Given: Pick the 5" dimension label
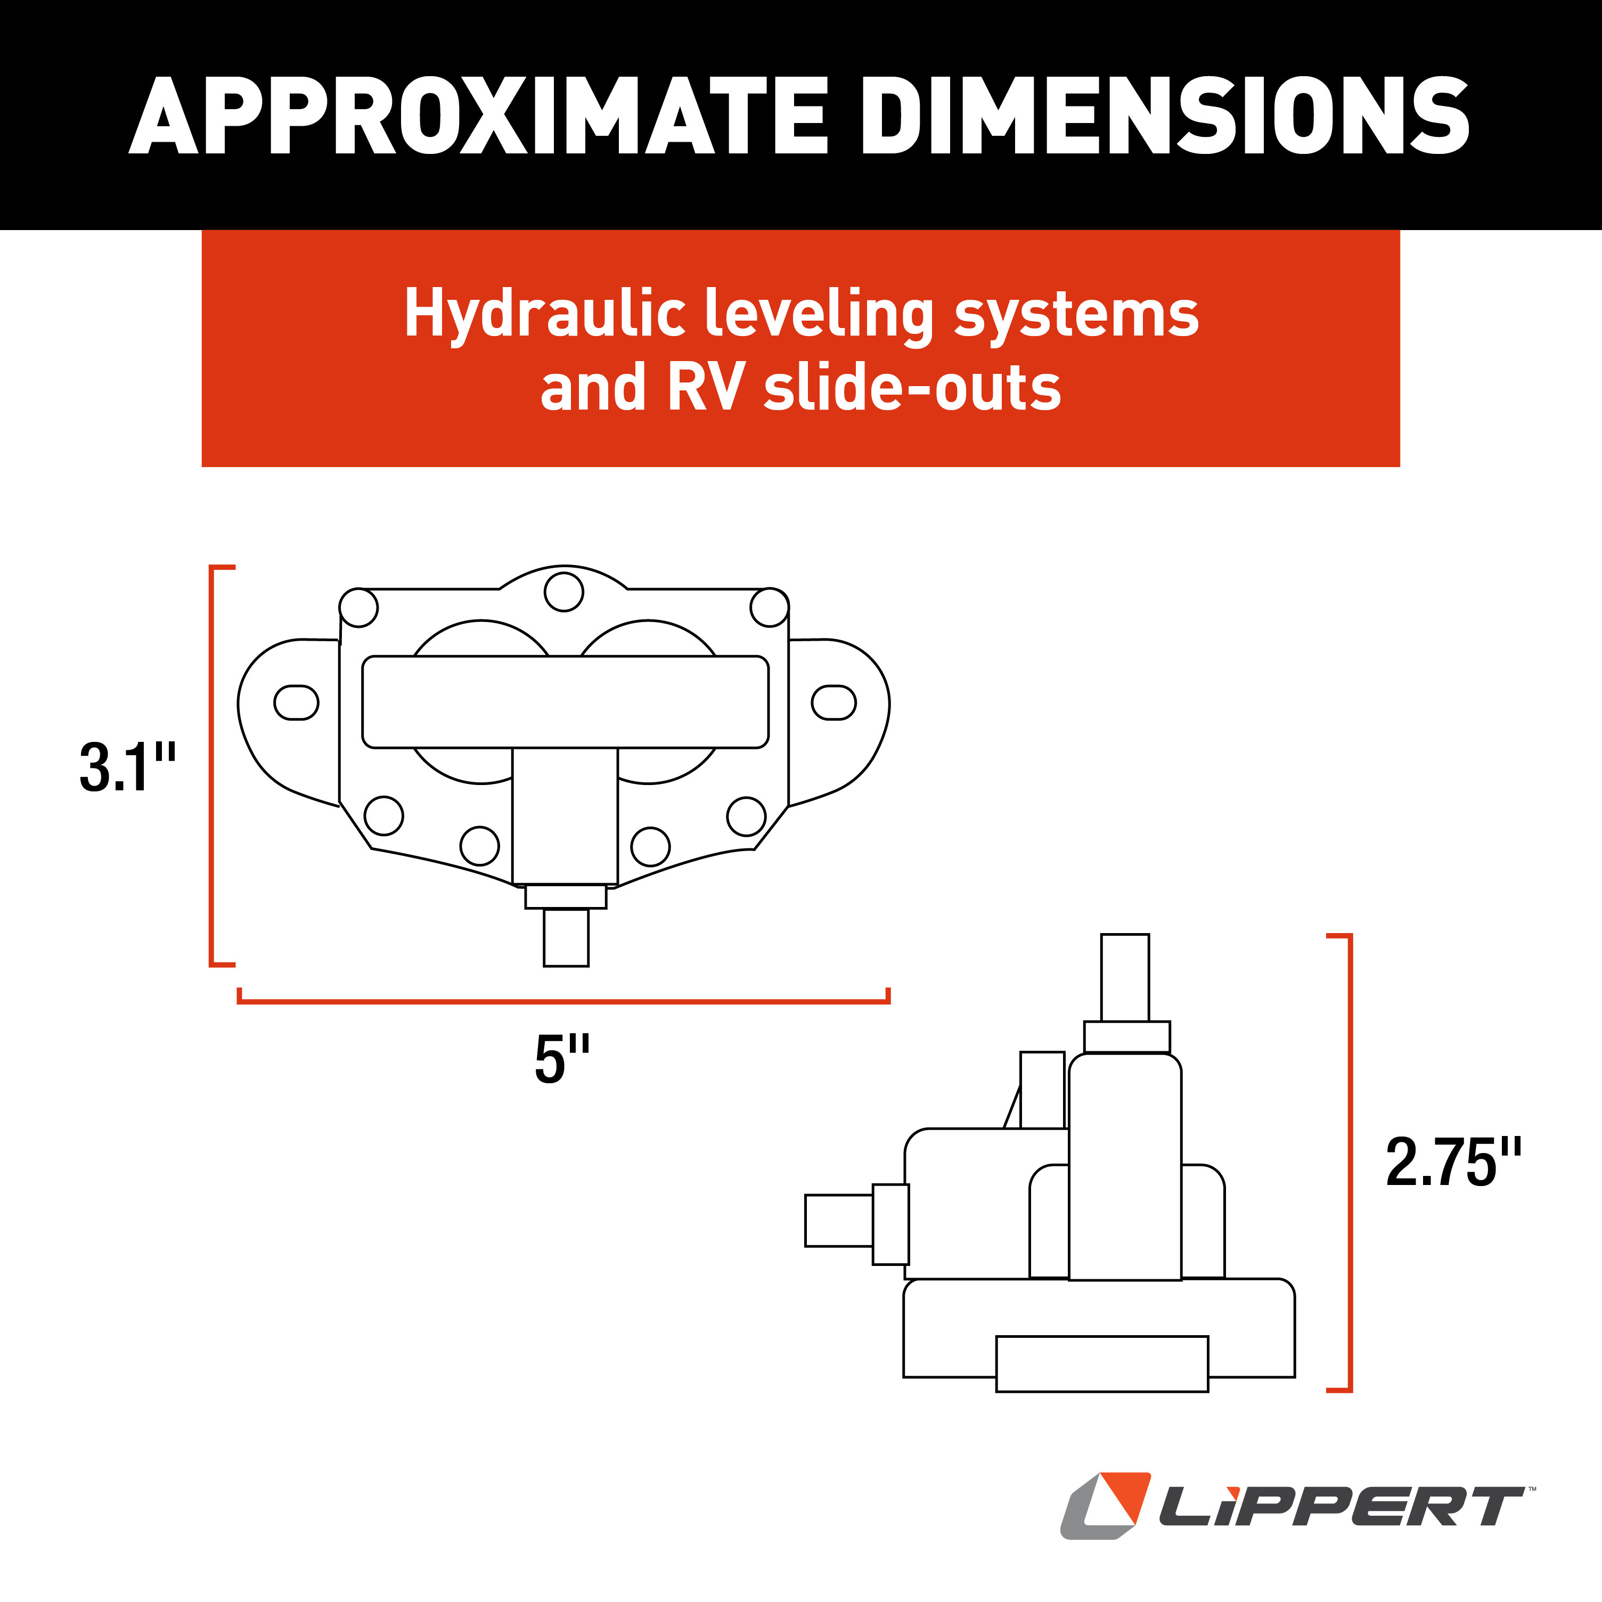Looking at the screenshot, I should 561,1060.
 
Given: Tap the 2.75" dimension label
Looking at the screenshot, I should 1453,1163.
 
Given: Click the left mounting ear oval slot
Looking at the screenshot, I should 296,703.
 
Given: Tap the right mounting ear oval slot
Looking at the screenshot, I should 833,702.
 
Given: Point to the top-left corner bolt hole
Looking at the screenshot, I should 359,608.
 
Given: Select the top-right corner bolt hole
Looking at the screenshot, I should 769,608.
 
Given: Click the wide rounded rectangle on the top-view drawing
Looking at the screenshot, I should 565,701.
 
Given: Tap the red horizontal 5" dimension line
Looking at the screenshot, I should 564,1001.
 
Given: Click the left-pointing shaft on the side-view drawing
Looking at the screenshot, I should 838,1220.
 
